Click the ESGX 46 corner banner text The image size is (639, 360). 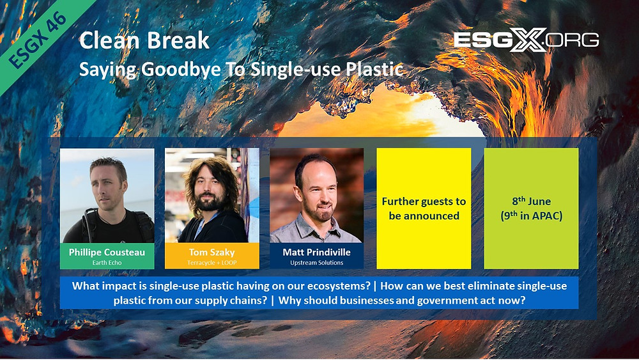point(38,40)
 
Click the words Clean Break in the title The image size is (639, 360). point(144,40)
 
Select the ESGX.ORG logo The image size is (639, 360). point(526,40)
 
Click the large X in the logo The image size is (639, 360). point(527,40)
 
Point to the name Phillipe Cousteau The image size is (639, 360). point(107,253)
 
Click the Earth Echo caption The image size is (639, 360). point(107,263)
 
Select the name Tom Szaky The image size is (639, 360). point(212,253)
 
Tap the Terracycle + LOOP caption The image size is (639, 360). point(212,263)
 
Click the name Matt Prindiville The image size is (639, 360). point(317,253)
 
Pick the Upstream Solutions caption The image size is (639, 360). point(317,263)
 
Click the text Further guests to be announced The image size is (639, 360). point(424,208)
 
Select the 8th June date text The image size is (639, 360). point(532,201)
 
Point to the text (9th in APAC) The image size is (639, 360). point(532,215)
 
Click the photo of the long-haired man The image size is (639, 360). point(212,195)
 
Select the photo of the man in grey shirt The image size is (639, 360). point(317,195)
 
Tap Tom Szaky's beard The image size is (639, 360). point(210,202)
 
